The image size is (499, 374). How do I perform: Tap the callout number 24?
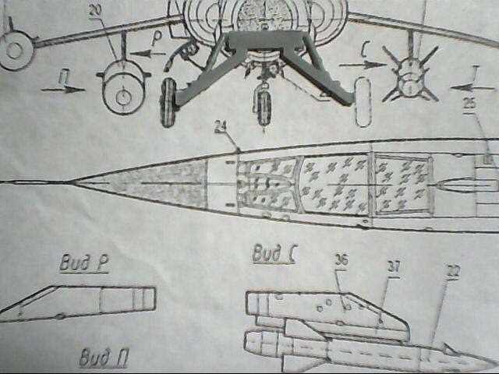(224, 125)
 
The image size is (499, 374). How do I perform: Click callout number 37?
(394, 267)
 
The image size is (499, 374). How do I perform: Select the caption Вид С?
(273, 254)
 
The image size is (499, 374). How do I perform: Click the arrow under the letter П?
(63, 90)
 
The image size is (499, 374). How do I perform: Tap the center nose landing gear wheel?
(264, 105)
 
